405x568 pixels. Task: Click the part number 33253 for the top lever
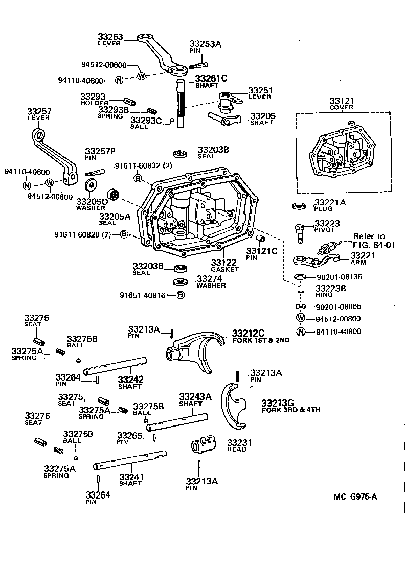tap(110, 37)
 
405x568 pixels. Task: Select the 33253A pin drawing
tap(199, 65)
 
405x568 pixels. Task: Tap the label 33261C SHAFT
tap(210, 81)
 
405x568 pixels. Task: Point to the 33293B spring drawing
tap(151, 111)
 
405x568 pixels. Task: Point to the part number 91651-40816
tap(143, 295)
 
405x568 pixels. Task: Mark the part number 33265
tap(129, 435)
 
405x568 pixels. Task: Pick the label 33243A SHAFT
tap(195, 399)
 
